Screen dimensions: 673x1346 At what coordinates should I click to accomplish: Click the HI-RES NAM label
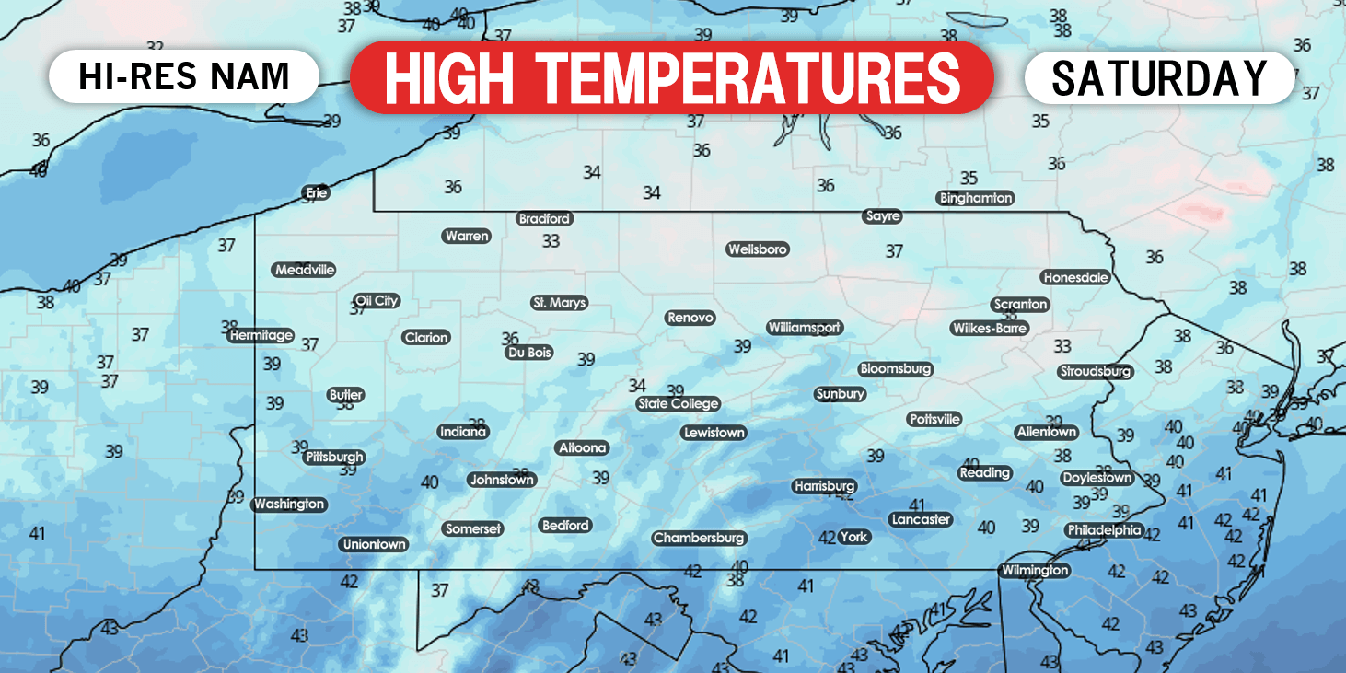coord(184,76)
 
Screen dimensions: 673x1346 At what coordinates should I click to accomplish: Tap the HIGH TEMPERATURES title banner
coord(671,77)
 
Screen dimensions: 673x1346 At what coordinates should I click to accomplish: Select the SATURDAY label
coord(1159,77)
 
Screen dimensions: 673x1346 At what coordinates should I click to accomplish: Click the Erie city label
coord(316,192)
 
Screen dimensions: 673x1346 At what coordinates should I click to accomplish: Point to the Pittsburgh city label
coord(335,457)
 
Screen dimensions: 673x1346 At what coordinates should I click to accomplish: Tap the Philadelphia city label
coord(1104,530)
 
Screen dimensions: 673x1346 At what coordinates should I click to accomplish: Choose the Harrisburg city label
coord(824,486)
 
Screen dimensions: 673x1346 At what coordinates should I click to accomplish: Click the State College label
coord(679,403)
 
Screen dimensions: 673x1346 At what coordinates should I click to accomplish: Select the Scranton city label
coord(1020,304)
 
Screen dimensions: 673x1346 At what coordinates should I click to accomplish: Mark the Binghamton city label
coord(976,198)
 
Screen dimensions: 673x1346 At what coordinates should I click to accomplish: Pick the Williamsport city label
coord(805,328)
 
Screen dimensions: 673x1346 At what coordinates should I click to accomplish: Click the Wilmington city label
coord(1035,571)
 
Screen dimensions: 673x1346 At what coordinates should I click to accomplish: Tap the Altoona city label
coord(583,447)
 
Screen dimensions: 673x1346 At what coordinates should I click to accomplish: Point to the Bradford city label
coord(544,219)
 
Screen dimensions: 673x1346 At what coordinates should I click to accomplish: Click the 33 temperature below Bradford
coord(551,241)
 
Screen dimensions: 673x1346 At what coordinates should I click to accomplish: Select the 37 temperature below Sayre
coord(894,250)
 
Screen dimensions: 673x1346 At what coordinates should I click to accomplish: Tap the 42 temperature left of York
coord(827,538)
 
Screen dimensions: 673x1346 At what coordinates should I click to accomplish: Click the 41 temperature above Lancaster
coord(916,505)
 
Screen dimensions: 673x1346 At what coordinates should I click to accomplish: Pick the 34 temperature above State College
coord(637,385)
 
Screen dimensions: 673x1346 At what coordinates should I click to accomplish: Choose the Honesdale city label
coord(1075,277)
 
